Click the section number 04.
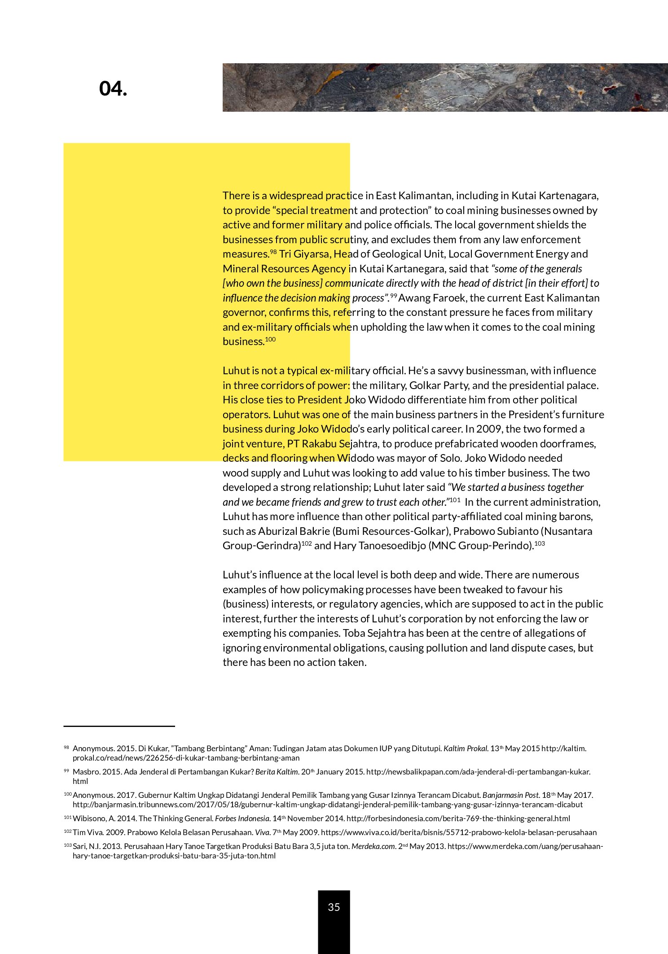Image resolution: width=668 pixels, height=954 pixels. click(x=113, y=89)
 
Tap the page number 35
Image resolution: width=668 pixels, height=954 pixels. click(x=334, y=907)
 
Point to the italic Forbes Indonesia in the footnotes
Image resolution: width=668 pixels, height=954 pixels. click(x=243, y=818)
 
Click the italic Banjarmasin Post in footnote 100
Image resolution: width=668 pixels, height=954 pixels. click(x=511, y=795)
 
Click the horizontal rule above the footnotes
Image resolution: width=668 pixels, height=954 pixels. click(x=119, y=726)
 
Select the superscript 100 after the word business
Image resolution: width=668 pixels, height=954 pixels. click(x=270, y=339)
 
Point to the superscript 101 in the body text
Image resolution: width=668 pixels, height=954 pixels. click(x=455, y=499)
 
